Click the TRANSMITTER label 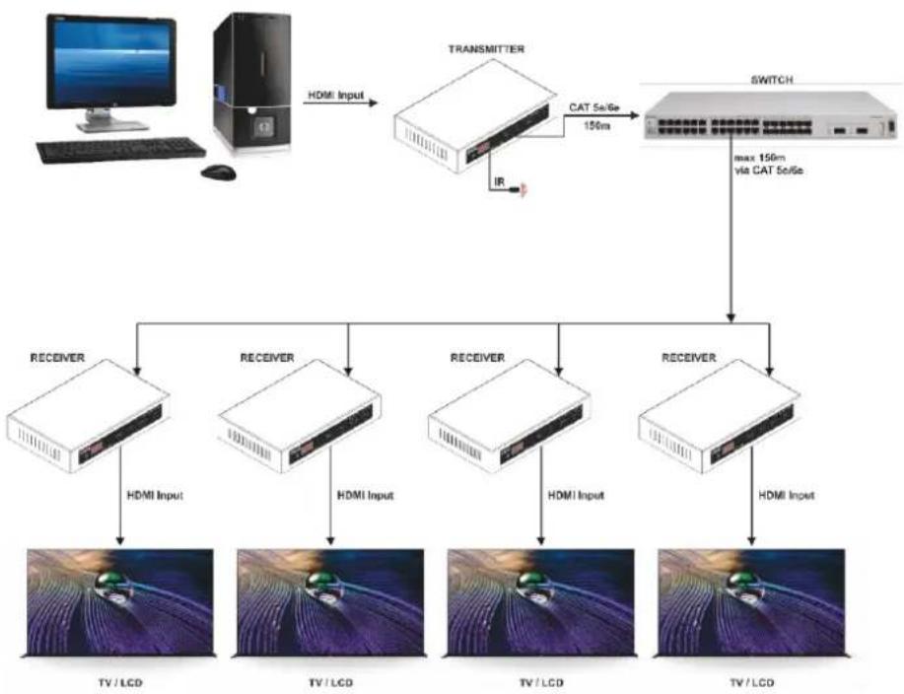point(487,49)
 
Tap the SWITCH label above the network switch point(771,80)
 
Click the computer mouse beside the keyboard point(219,172)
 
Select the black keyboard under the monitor point(121,150)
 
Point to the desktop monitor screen point(110,62)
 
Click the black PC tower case point(252,83)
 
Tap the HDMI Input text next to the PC point(336,95)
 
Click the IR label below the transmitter point(499,182)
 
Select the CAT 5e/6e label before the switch point(594,107)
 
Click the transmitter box point(475,116)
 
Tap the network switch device point(771,117)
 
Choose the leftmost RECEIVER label point(57,358)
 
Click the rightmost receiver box point(720,416)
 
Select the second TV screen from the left point(330,602)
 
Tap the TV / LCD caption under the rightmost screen point(752,683)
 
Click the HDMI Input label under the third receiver point(576,495)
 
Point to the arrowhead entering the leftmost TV point(120,540)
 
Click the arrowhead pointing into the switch point(635,116)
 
